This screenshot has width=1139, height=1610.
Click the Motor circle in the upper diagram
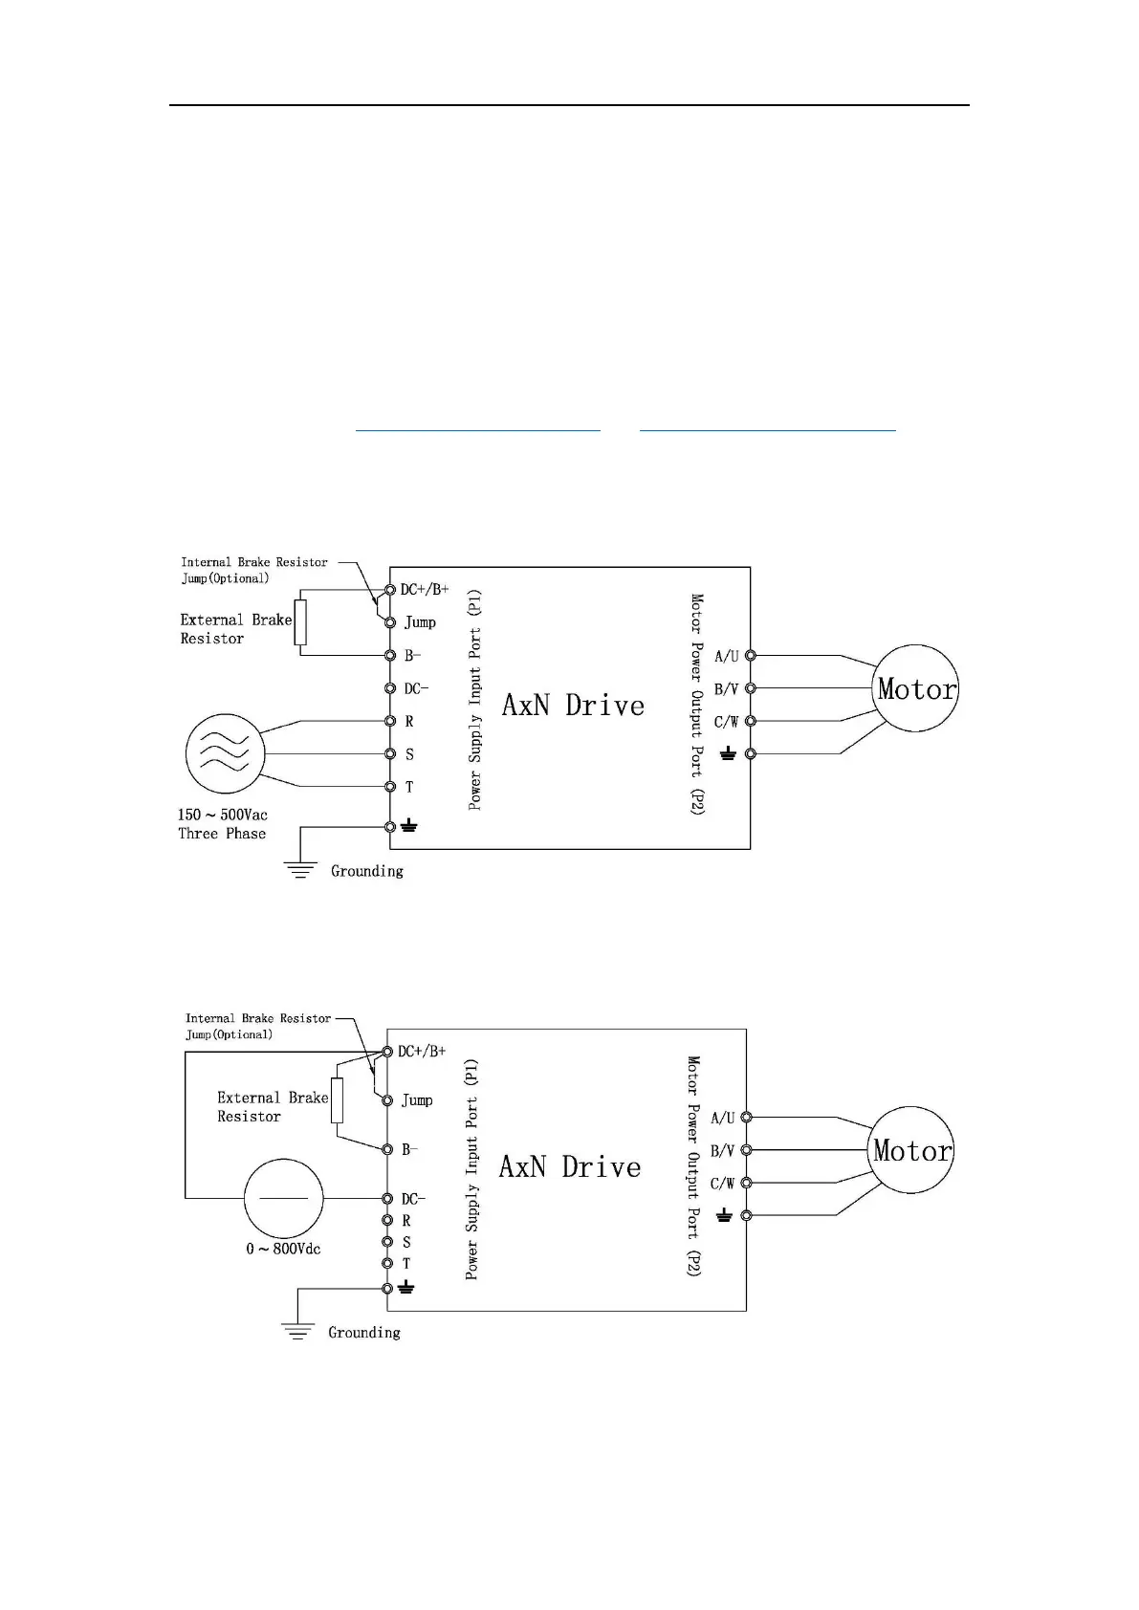[x=916, y=688]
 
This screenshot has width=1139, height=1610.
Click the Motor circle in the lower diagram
[x=912, y=1150]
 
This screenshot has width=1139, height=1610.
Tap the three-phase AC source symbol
[x=224, y=753]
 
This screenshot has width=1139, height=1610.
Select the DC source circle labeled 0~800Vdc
[x=283, y=1197]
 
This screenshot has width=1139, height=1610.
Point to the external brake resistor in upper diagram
[x=300, y=622]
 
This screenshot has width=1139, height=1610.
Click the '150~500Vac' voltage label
[x=222, y=815]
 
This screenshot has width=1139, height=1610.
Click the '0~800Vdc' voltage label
[x=283, y=1249]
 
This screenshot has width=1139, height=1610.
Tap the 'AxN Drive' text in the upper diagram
[x=573, y=706]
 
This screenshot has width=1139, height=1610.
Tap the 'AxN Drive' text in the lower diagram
[x=570, y=1167]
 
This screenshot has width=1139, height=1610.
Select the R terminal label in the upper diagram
[x=409, y=722]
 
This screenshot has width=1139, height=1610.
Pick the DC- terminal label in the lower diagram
[x=413, y=1199]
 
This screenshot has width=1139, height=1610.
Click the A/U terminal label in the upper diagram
[x=726, y=656]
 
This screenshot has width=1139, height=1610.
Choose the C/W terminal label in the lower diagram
[x=722, y=1184]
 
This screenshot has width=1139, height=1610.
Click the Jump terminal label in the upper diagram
[x=420, y=622]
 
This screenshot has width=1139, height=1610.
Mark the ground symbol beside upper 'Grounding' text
[x=300, y=869]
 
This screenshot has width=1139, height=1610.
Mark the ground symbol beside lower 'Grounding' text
[x=298, y=1331]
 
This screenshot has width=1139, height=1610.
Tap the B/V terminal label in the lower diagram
[x=722, y=1151]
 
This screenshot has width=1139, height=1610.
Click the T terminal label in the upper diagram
[x=409, y=788]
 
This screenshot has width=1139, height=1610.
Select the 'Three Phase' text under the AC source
[x=222, y=834]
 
